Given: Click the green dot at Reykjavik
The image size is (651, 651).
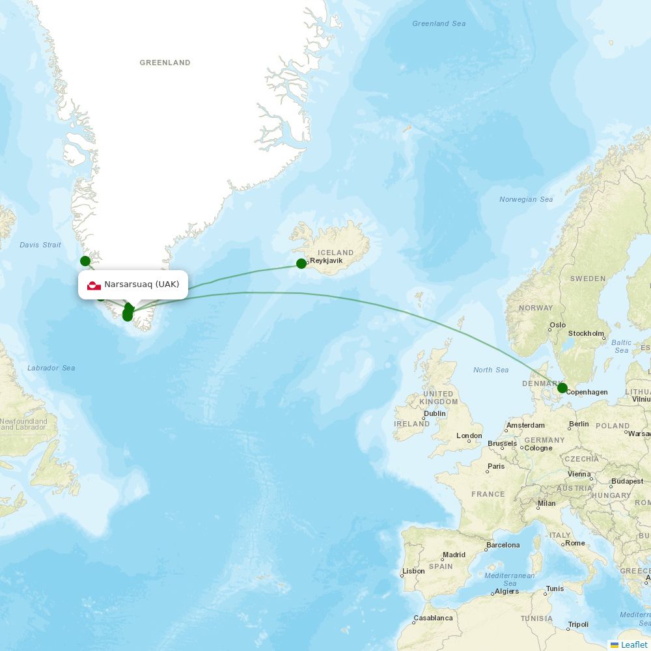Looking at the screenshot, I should coord(301,264).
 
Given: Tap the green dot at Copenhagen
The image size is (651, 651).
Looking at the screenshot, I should coord(562,388).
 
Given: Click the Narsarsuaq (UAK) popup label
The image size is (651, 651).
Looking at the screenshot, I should coord(141,284).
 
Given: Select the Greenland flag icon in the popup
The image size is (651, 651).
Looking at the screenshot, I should coord(94,285).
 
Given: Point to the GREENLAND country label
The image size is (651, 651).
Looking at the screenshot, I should coord(165,63).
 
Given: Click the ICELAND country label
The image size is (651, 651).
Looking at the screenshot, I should coord(336,253).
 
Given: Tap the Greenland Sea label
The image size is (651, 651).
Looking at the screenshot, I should coord(439,24).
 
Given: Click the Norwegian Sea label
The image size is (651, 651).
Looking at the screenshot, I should coord(526,199).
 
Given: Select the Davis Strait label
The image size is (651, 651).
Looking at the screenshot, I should coord(40,245).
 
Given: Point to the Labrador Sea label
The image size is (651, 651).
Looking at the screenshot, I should coord(51,368).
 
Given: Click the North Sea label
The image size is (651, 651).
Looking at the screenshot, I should coord(491,370).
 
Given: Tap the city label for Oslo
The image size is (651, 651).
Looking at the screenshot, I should coord(558,325).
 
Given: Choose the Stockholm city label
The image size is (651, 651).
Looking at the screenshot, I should coord(586,333).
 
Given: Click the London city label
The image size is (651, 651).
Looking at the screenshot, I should coord(469,436).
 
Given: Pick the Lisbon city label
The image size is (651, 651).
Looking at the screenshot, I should coord(413,571).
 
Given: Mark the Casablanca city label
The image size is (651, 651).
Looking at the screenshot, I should coord(434,618).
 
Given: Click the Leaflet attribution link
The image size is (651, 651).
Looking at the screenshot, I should coord(633,644).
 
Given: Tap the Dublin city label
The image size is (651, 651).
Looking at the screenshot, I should coord(434,413).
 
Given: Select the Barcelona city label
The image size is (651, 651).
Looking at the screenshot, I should coord(503,545).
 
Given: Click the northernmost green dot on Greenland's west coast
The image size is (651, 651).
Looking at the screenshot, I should coord(85,261).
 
